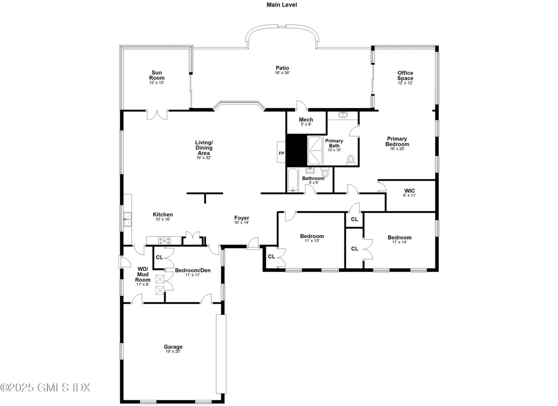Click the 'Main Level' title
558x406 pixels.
[282, 4]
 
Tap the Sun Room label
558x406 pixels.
[157, 75]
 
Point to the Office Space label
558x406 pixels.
[405, 75]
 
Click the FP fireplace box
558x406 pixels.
[282, 153]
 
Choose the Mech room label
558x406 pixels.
[306, 120]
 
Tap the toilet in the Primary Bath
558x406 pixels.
[350, 159]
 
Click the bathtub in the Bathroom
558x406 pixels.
[293, 181]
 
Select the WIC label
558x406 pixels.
[410, 191]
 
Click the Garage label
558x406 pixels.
[173, 347]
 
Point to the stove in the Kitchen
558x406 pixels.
[165, 240]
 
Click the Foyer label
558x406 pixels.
[241, 218]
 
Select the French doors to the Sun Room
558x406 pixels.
[157, 115]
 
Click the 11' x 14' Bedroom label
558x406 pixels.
[399, 238]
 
